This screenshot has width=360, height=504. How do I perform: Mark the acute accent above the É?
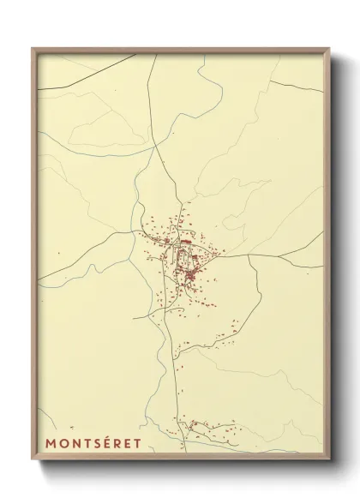[101, 437]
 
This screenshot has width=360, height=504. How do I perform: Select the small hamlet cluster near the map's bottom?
[206, 426]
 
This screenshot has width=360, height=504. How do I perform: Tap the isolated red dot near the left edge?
[57, 252]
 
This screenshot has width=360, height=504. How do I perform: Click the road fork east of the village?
[249, 255]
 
